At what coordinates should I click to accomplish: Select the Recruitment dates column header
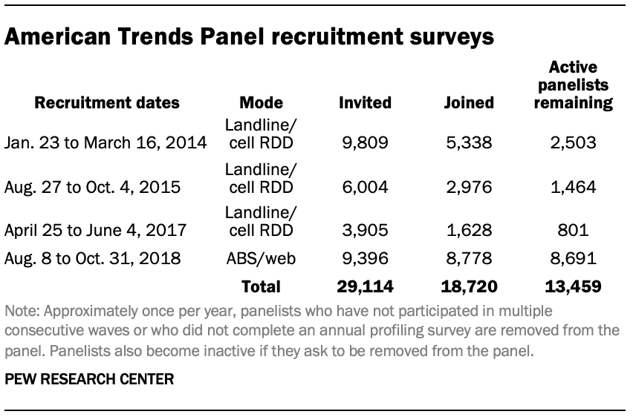(108, 102)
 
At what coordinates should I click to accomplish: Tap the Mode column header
(261, 102)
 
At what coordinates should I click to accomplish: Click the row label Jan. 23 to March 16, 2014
(105, 142)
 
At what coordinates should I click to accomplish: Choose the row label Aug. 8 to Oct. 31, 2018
(94, 260)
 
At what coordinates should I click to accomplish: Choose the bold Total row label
(261, 286)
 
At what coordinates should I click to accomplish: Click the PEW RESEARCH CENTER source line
(89, 379)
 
